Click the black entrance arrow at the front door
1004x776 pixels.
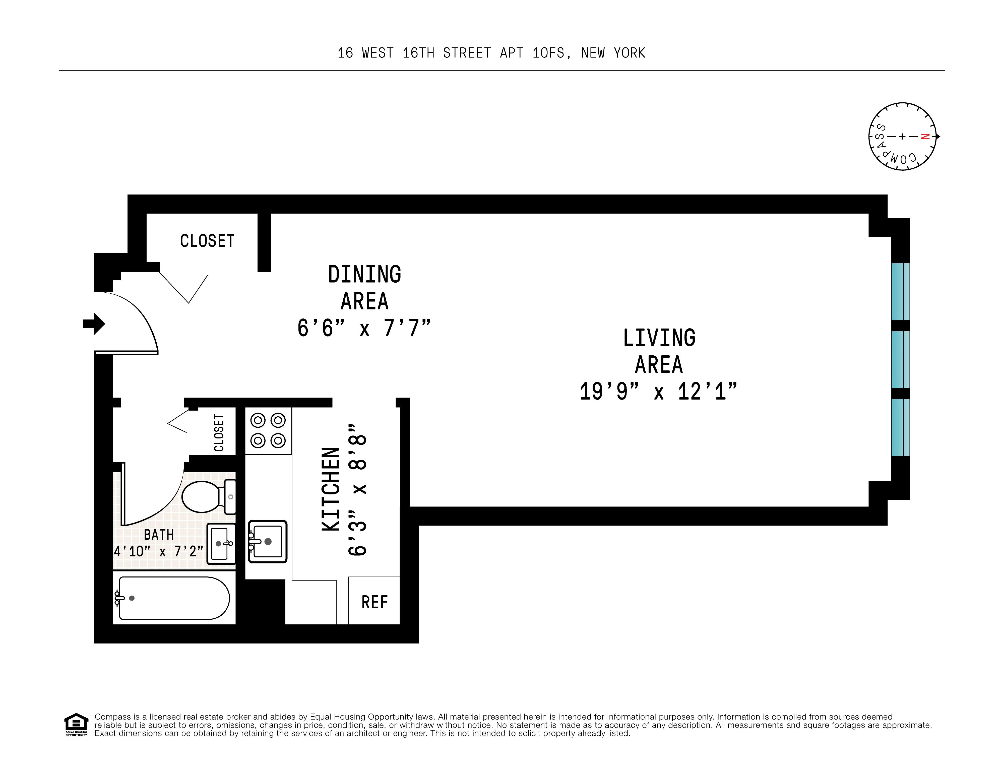pos(94,324)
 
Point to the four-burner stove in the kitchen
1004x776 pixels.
pos(268,431)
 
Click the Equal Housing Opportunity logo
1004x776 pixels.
pos(76,724)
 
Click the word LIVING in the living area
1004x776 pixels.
pos(659,338)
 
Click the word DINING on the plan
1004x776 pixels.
pos(364,275)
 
